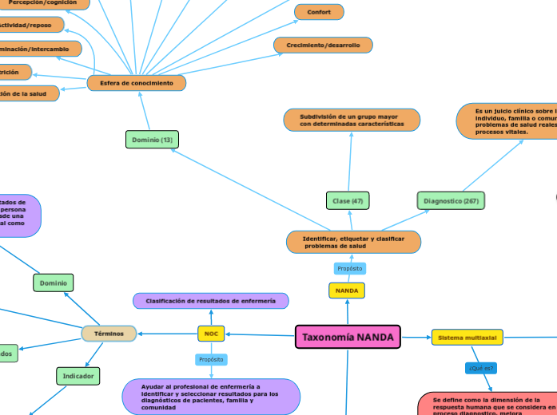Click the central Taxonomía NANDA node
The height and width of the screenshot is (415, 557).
(348, 337)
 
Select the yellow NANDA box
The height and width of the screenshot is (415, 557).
(346, 291)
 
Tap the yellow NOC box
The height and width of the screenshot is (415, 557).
(211, 334)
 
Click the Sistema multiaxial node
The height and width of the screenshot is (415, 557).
(467, 338)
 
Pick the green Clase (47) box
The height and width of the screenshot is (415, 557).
(348, 200)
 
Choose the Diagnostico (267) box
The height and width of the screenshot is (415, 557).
(451, 200)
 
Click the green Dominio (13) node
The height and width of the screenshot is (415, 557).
(152, 140)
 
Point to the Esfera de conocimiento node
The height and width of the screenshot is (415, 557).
(137, 83)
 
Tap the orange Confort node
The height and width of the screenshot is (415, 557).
(319, 12)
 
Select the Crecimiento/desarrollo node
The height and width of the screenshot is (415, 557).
(323, 45)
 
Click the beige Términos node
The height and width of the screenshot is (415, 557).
(109, 334)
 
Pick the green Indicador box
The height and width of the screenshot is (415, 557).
(78, 375)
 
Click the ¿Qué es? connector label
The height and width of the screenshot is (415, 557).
(481, 368)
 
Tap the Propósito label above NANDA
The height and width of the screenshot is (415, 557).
(350, 268)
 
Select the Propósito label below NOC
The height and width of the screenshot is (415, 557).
(211, 360)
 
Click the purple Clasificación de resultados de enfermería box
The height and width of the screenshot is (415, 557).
(211, 301)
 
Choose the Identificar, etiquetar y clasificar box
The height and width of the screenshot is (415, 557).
(353, 242)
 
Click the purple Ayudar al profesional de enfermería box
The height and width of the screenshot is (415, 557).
(211, 397)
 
